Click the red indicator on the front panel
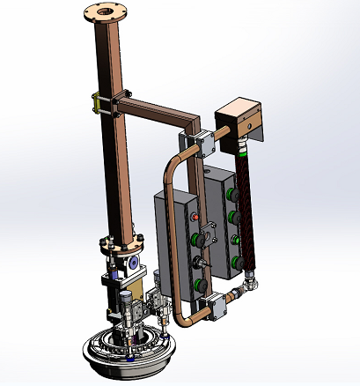(x=196, y=214)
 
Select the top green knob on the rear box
(x=232, y=191)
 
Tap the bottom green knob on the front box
(x=200, y=284)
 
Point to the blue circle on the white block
(x=132, y=263)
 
